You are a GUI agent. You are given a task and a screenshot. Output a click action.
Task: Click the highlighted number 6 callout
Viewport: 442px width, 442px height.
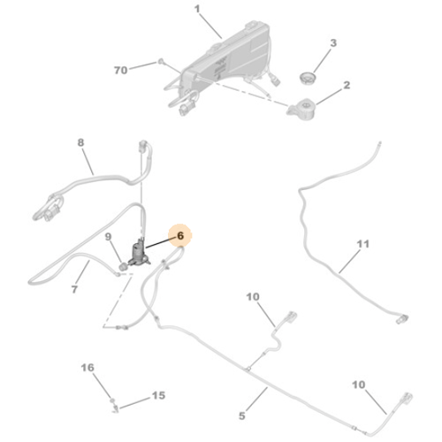coord(180,235)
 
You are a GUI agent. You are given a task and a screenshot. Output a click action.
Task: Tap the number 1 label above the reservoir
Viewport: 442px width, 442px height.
coord(197,9)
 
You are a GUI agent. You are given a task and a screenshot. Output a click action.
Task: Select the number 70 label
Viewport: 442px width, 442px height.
coord(121,70)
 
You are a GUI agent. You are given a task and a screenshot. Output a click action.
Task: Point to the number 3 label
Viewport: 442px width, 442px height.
coord(333,42)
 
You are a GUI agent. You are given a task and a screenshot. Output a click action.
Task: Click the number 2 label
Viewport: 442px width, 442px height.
coord(347,85)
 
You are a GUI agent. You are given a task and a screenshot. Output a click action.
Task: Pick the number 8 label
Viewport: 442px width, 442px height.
coord(80,142)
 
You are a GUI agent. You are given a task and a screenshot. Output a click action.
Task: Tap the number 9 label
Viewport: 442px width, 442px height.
coord(109,237)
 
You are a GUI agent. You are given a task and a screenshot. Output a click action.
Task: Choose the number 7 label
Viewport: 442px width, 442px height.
coord(74,289)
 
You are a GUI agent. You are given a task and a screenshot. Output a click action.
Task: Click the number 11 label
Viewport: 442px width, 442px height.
coord(362,244)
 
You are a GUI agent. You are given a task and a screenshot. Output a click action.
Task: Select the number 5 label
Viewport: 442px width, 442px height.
coord(242,415)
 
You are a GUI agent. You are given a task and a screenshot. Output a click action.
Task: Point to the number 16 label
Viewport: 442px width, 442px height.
coord(88,368)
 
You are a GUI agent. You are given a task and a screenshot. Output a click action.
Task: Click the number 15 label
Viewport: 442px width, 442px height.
coord(158,395)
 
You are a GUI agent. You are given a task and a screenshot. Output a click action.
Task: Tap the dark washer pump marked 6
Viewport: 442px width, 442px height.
coord(139,253)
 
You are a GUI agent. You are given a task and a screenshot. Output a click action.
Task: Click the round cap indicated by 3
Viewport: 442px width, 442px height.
coord(308,78)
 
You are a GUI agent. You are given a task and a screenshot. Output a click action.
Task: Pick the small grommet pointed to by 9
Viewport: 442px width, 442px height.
coord(124,267)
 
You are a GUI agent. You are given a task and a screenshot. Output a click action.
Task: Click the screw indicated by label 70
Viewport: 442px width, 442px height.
coord(160,61)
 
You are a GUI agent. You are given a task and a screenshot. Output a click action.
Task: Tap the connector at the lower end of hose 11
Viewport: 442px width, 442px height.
coord(402,319)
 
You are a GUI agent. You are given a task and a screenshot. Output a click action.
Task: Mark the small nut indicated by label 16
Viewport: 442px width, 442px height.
coord(112,400)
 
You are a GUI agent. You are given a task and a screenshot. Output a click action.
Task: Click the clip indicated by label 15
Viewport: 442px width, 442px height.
coord(116,408)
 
